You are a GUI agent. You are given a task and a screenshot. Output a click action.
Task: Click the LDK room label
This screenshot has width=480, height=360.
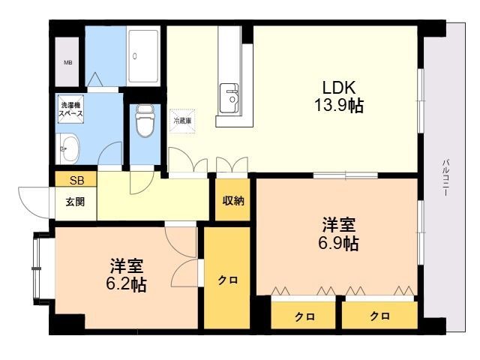pyautogui.click(x=339, y=86)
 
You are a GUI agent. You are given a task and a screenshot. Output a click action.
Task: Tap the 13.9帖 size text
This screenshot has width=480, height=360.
pyautogui.click(x=338, y=106)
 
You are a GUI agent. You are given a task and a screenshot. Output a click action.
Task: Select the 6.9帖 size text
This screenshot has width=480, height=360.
pyautogui.click(x=339, y=243)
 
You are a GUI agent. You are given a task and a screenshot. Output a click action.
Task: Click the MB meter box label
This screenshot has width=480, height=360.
pyautogui.click(x=68, y=63)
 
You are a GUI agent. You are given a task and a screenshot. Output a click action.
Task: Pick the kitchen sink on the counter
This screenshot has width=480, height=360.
pyautogui.click(x=229, y=97)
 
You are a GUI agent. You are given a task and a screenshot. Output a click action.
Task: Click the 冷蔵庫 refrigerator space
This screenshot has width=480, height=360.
pyautogui.click(x=182, y=120)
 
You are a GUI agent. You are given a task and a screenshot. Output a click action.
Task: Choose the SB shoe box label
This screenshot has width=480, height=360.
pyautogui.click(x=76, y=180)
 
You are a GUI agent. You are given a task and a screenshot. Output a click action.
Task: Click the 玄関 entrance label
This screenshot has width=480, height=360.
pyautogui.click(x=74, y=201)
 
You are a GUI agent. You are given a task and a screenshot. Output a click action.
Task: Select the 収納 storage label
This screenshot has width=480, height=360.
pyautogui.click(x=232, y=200)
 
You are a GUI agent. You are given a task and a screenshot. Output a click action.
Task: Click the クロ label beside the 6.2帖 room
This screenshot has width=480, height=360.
pyautogui.click(x=228, y=280)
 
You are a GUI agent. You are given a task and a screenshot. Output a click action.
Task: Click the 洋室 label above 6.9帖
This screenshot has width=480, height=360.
pyautogui.click(x=339, y=224)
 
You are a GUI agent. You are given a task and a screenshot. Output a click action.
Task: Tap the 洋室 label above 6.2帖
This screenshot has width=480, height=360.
pyautogui.click(x=127, y=265)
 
